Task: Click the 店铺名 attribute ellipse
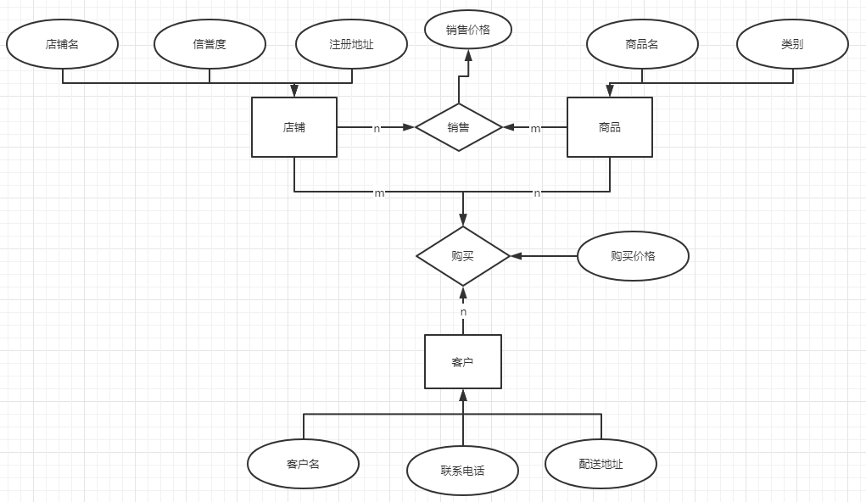click(x=62, y=44)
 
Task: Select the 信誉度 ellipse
click(x=210, y=44)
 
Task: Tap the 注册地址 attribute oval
click(x=351, y=44)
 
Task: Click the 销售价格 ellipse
click(x=468, y=30)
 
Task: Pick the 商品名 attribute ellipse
click(x=642, y=44)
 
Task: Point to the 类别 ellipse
click(x=792, y=44)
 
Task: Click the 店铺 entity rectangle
click(x=294, y=127)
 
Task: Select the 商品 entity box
click(x=609, y=127)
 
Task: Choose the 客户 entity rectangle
click(x=462, y=362)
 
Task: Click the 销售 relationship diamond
click(x=458, y=127)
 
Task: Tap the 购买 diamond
click(x=462, y=255)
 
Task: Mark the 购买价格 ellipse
click(x=633, y=255)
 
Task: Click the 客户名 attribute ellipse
click(x=303, y=464)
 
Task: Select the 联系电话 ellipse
click(x=462, y=471)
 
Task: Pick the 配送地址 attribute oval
click(x=601, y=464)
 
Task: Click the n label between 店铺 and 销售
click(x=377, y=129)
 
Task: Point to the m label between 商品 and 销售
click(x=535, y=129)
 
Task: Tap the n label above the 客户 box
click(x=463, y=312)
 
